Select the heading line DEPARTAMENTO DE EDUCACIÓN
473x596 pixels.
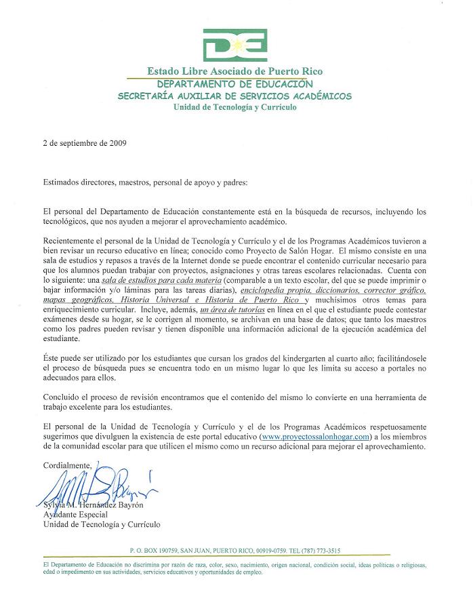tap(235, 84)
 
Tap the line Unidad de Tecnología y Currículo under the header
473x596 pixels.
tap(235, 107)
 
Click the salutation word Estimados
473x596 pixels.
tap(62, 182)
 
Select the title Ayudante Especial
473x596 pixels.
tap(75, 515)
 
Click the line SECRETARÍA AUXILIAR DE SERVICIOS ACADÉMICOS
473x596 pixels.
tap(235, 96)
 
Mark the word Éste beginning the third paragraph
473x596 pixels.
tap(51, 364)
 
